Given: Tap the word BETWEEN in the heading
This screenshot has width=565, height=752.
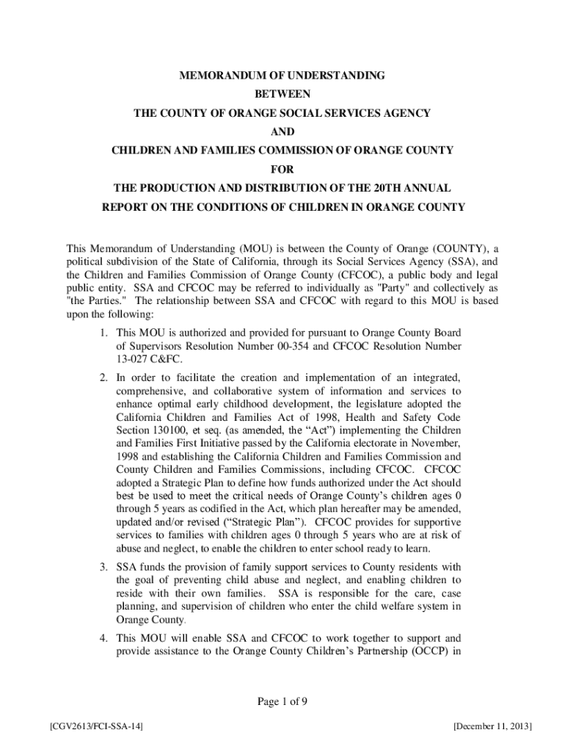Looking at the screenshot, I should click(282, 95).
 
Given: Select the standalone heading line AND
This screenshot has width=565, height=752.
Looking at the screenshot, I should click(282, 132).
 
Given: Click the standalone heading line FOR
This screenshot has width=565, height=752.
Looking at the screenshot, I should click(282, 170).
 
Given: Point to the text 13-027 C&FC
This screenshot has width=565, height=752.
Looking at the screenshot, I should click(149, 358).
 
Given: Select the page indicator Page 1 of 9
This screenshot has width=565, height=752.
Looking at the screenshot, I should click(282, 701).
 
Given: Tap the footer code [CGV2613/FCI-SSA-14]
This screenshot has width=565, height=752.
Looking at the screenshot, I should click(93, 726).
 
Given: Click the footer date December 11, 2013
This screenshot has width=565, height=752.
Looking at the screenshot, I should click(492, 726).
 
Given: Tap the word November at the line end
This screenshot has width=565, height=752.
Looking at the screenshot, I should click(437, 444).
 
